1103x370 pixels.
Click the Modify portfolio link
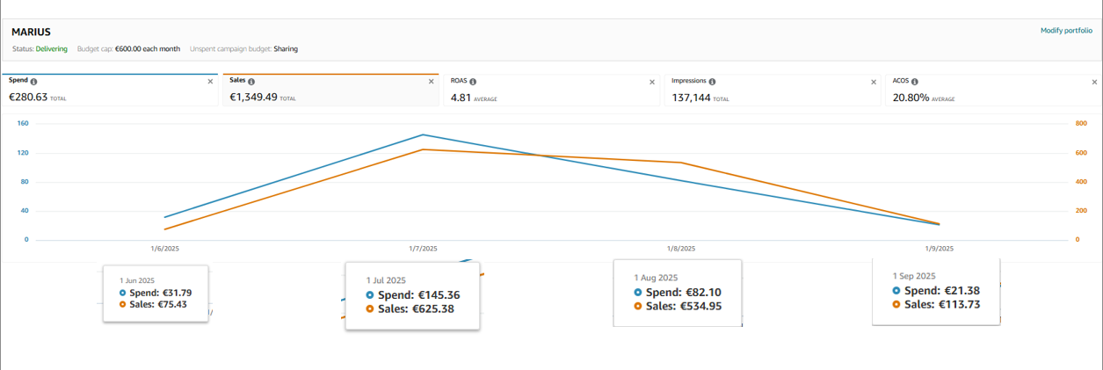tap(1066, 31)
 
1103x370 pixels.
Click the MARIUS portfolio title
tap(31, 32)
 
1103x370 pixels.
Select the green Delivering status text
tap(52, 49)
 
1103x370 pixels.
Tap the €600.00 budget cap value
tap(134, 49)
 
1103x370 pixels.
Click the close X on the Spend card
tap(210, 81)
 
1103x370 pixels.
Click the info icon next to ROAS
tap(475, 81)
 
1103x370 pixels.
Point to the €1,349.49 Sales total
tap(253, 98)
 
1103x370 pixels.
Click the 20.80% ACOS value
tap(911, 98)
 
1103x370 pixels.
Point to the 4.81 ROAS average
tap(461, 98)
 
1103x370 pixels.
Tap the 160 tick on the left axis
tap(23, 123)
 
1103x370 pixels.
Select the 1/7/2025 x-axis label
tap(423, 249)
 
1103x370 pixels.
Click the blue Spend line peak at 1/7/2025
tap(423, 134)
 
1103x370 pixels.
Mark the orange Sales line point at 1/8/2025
tap(680, 163)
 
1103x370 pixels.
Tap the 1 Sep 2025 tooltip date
tap(914, 275)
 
